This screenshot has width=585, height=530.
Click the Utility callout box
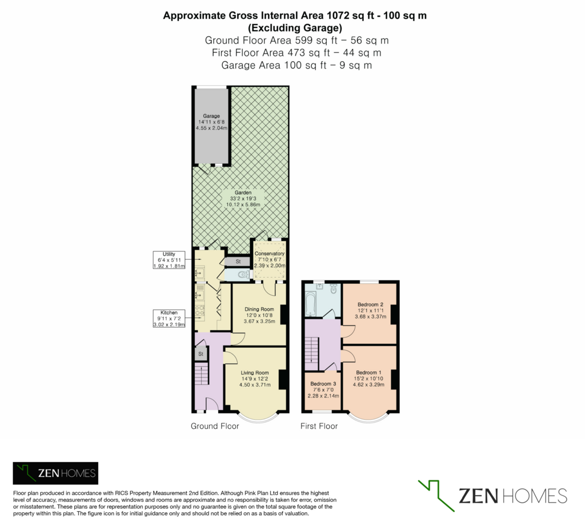click(x=169, y=260)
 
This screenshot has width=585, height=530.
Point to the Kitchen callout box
click(x=169, y=319)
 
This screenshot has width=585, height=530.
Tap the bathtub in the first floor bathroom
click(x=310, y=304)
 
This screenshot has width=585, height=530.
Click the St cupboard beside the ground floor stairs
click(x=201, y=354)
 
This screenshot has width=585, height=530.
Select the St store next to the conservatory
click(x=238, y=262)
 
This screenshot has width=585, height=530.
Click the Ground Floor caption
click(x=215, y=426)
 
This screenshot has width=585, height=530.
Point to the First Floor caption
click(x=319, y=426)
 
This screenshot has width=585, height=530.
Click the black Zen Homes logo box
click(x=55, y=473)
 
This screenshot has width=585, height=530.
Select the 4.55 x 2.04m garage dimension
click(x=211, y=128)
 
